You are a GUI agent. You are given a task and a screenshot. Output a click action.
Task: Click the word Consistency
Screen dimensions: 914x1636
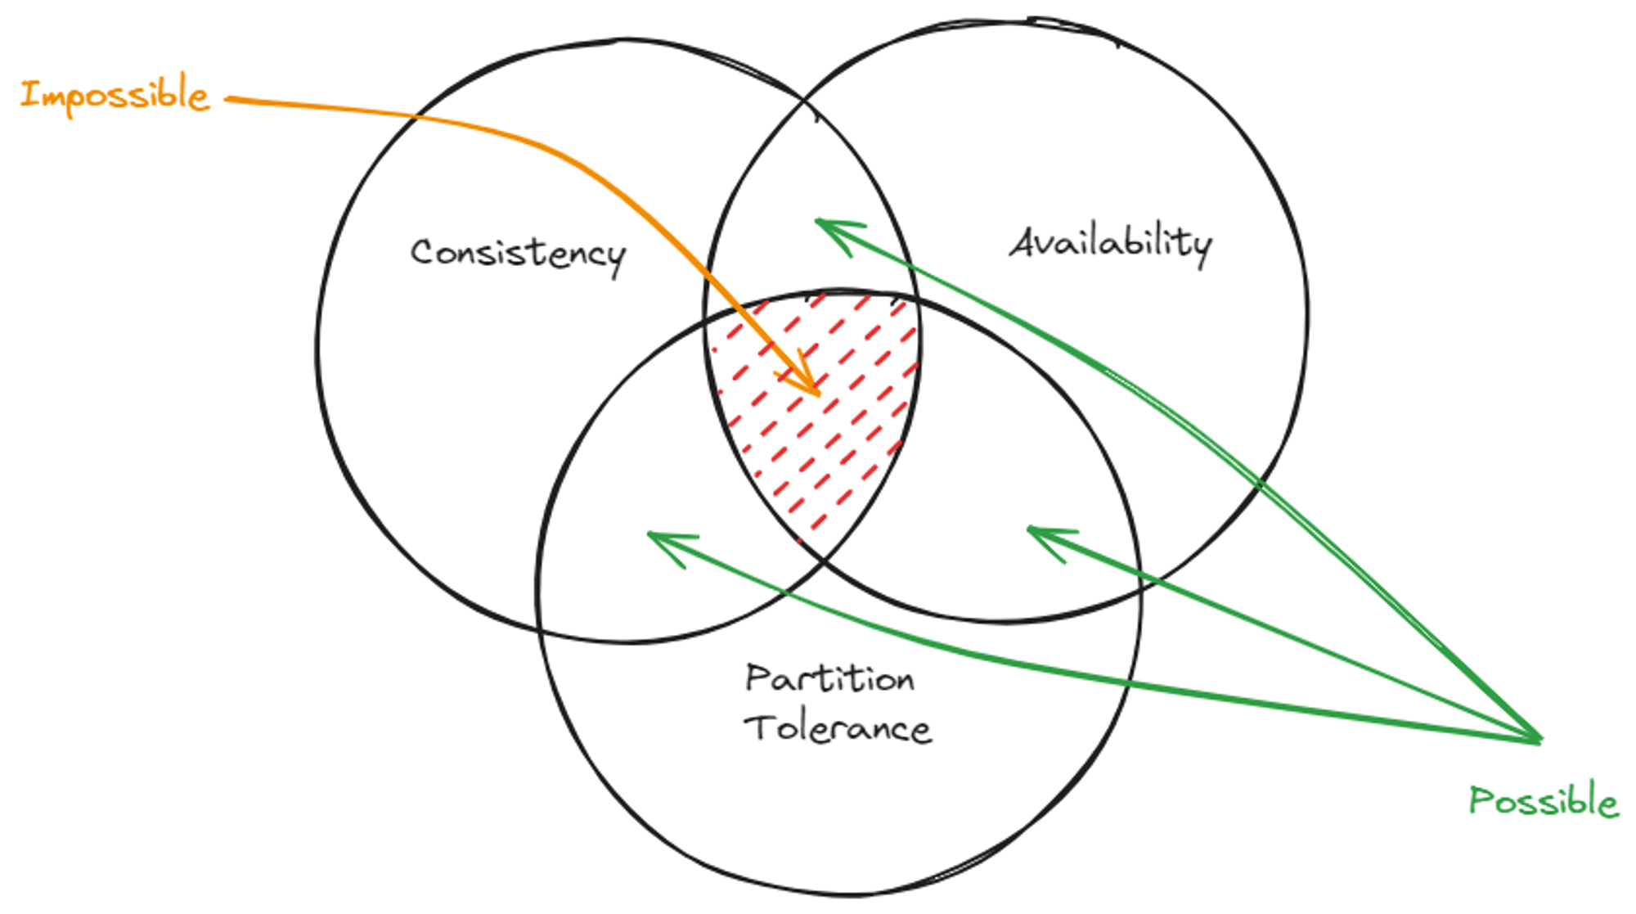click(x=518, y=253)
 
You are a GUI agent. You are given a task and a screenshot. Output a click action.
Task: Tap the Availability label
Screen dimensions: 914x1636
click(x=1110, y=243)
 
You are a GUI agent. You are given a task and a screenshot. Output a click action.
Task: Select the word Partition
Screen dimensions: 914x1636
click(x=829, y=678)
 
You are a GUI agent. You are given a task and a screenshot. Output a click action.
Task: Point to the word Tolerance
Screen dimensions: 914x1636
click(x=838, y=728)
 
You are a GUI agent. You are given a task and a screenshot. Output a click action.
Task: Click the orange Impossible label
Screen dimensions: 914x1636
click(x=115, y=95)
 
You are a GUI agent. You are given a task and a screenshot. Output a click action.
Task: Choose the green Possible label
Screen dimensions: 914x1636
click(x=1544, y=800)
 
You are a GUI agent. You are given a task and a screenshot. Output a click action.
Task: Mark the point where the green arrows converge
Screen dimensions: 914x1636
click(x=1539, y=741)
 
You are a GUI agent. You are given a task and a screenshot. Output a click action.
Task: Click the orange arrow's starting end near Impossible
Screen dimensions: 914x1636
click(x=229, y=99)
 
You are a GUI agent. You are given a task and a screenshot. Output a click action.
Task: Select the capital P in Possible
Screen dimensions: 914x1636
click(x=1480, y=800)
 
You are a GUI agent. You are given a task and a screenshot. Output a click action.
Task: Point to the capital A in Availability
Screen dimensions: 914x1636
click(x=1024, y=243)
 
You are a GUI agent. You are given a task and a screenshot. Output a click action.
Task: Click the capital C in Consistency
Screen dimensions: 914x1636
click(x=422, y=252)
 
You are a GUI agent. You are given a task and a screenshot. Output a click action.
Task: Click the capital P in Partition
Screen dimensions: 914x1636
click(x=757, y=678)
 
